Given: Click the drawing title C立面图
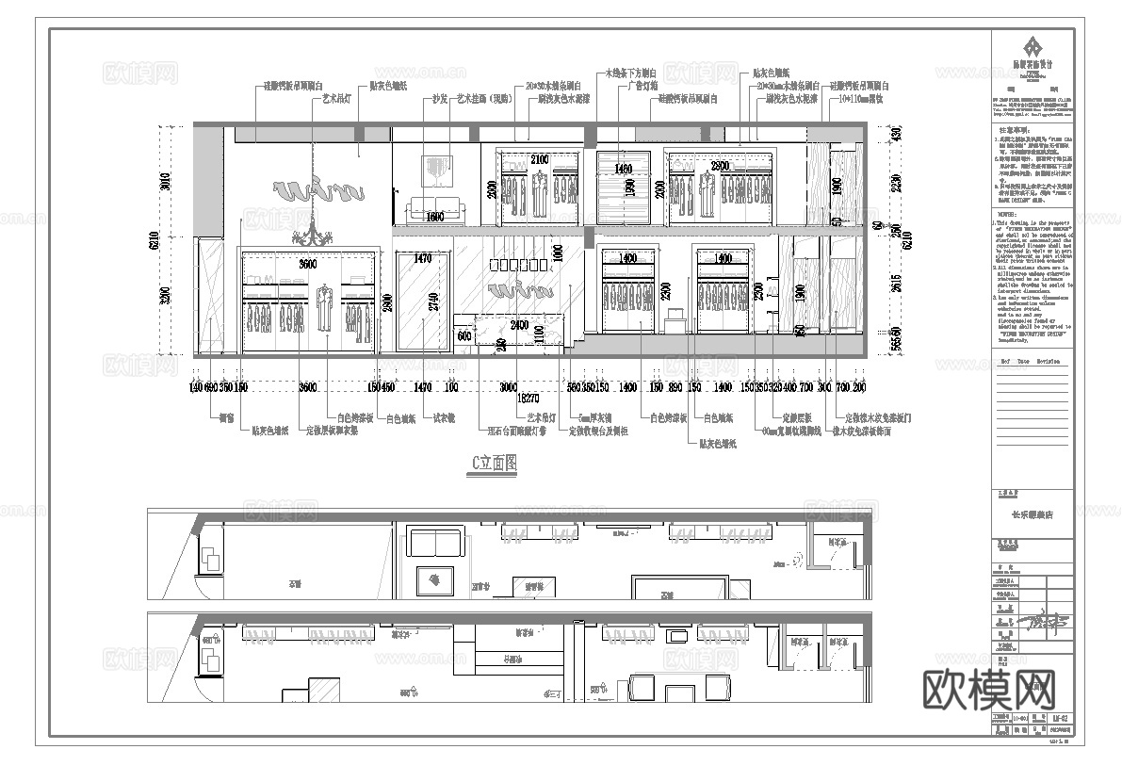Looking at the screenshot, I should pyautogui.click(x=494, y=463).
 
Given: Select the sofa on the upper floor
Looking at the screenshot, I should pyautogui.click(x=435, y=209).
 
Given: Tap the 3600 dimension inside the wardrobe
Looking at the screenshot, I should pyautogui.click(x=309, y=265).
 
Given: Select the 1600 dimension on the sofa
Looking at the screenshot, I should pyautogui.click(x=434, y=218).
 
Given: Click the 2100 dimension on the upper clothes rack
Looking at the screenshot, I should pyautogui.click(x=539, y=159).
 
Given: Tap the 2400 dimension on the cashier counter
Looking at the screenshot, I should pyautogui.click(x=519, y=325).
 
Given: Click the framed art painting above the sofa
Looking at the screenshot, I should pyautogui.click(x=435, y=171).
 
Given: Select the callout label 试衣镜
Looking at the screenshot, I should pyautogui.click(x=444, y=418).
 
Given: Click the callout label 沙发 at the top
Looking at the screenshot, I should pyautogui.click(x=439, y=98).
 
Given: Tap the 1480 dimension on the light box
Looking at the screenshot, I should pyautogui.click(x=622, y=170).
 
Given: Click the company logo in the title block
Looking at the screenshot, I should pyautogui.click(x=1033, y=47).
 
